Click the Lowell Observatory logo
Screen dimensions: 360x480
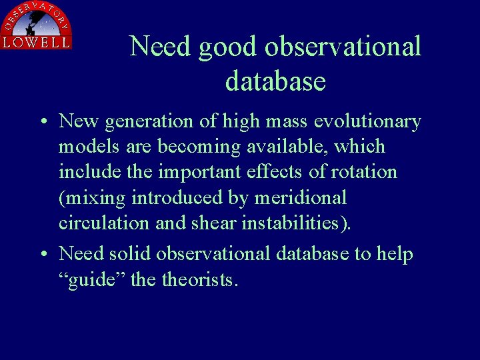click(x=36, y=25)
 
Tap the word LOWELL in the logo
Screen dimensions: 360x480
click(x=36, y=42)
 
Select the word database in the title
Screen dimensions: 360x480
click(x=275, y=81)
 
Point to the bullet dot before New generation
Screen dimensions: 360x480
click(x=42, y=123)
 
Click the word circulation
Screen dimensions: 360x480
click(x=104, y=223)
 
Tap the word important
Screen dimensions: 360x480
click(x=199, y=173)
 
